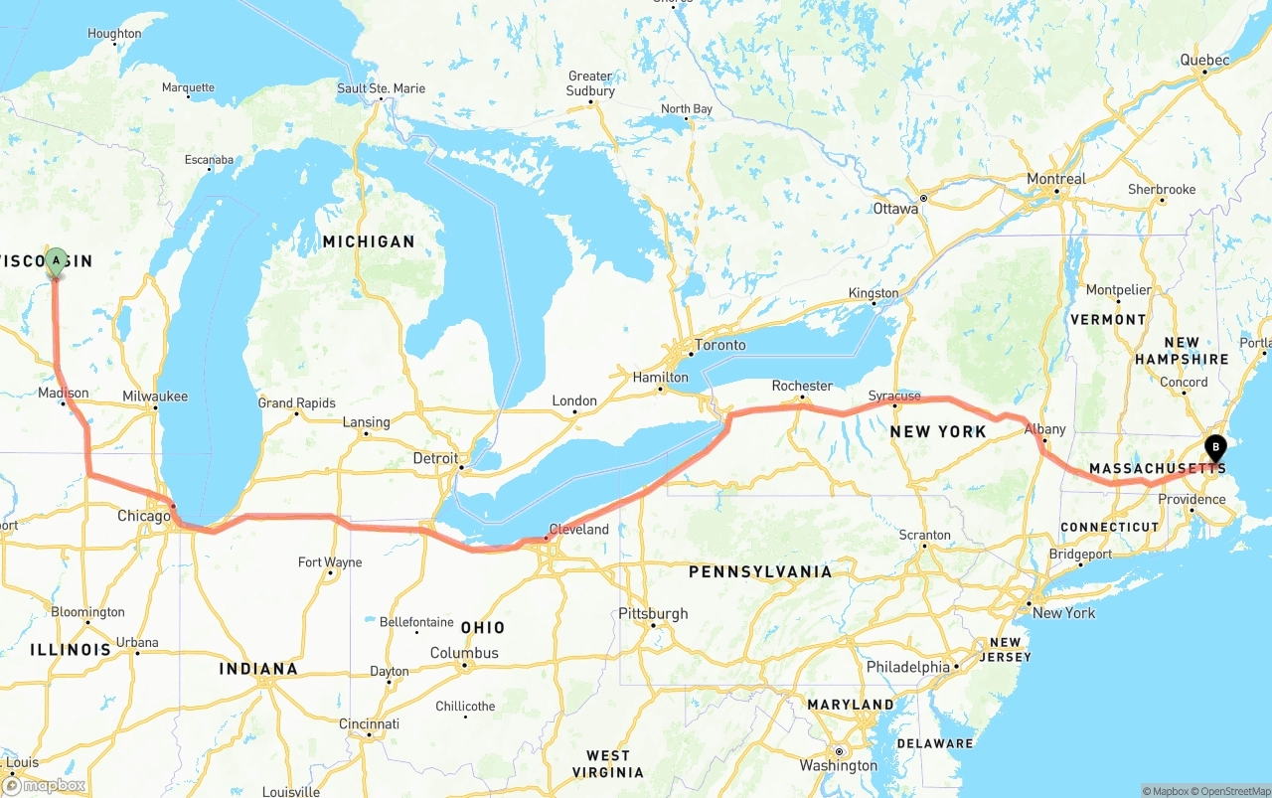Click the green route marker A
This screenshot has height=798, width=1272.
56,261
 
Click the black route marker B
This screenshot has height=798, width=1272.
1214,448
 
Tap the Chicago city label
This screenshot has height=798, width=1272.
144,516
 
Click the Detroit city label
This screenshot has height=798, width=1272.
435,458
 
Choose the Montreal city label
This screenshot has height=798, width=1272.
1055,179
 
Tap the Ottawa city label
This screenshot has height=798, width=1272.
895,209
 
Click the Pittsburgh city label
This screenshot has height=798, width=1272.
653,613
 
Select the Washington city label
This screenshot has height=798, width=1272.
838,765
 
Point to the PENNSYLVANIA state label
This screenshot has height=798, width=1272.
760,571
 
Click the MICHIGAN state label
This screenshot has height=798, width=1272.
368,241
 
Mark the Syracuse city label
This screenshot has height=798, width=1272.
894,396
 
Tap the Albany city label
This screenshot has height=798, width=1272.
1044,429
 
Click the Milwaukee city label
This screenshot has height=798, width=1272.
155,396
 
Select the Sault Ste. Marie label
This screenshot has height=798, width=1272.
382,88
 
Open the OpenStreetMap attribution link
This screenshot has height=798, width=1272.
1233,791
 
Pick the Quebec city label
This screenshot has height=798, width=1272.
1204,60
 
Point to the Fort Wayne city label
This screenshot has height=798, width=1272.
330,562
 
